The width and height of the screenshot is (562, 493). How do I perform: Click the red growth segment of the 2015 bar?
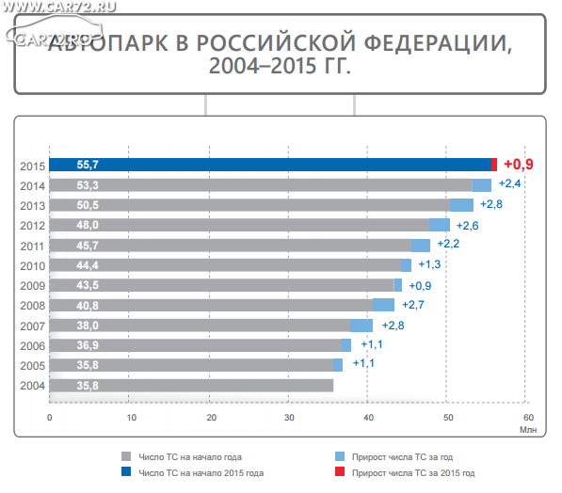[494, 165]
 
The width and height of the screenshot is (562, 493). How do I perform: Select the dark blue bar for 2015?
[270, 165]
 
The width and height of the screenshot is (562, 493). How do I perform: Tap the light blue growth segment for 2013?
[461, 205]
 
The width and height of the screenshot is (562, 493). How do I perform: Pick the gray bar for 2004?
[191, 386]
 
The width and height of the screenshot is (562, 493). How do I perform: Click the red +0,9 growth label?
[519, 164]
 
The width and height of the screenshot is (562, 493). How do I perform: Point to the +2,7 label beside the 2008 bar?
[413, 305]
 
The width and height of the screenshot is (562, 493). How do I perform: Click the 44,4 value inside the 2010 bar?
[88, 265]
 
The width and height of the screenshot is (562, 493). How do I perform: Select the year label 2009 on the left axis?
[32, 286]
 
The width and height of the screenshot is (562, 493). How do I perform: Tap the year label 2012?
[32, 226]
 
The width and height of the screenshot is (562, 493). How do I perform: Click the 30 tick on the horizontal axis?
[289, 418]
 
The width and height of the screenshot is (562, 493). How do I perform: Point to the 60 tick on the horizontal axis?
[528, 418]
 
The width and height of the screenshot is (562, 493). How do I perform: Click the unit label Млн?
[528, 430]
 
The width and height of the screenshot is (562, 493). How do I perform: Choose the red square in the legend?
[340, 471]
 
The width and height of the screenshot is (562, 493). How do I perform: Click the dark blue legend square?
[126, 471]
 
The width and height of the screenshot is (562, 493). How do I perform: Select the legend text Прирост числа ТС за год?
[402, 457]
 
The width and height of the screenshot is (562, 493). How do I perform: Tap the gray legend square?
[126, 456]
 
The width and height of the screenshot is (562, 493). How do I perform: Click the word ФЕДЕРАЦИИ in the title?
[438, 43]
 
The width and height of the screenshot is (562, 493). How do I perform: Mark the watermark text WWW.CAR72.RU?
[59, 8]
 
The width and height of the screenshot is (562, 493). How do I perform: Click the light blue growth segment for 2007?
[361, 326]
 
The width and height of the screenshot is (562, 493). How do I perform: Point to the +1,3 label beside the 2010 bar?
[429, 264]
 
